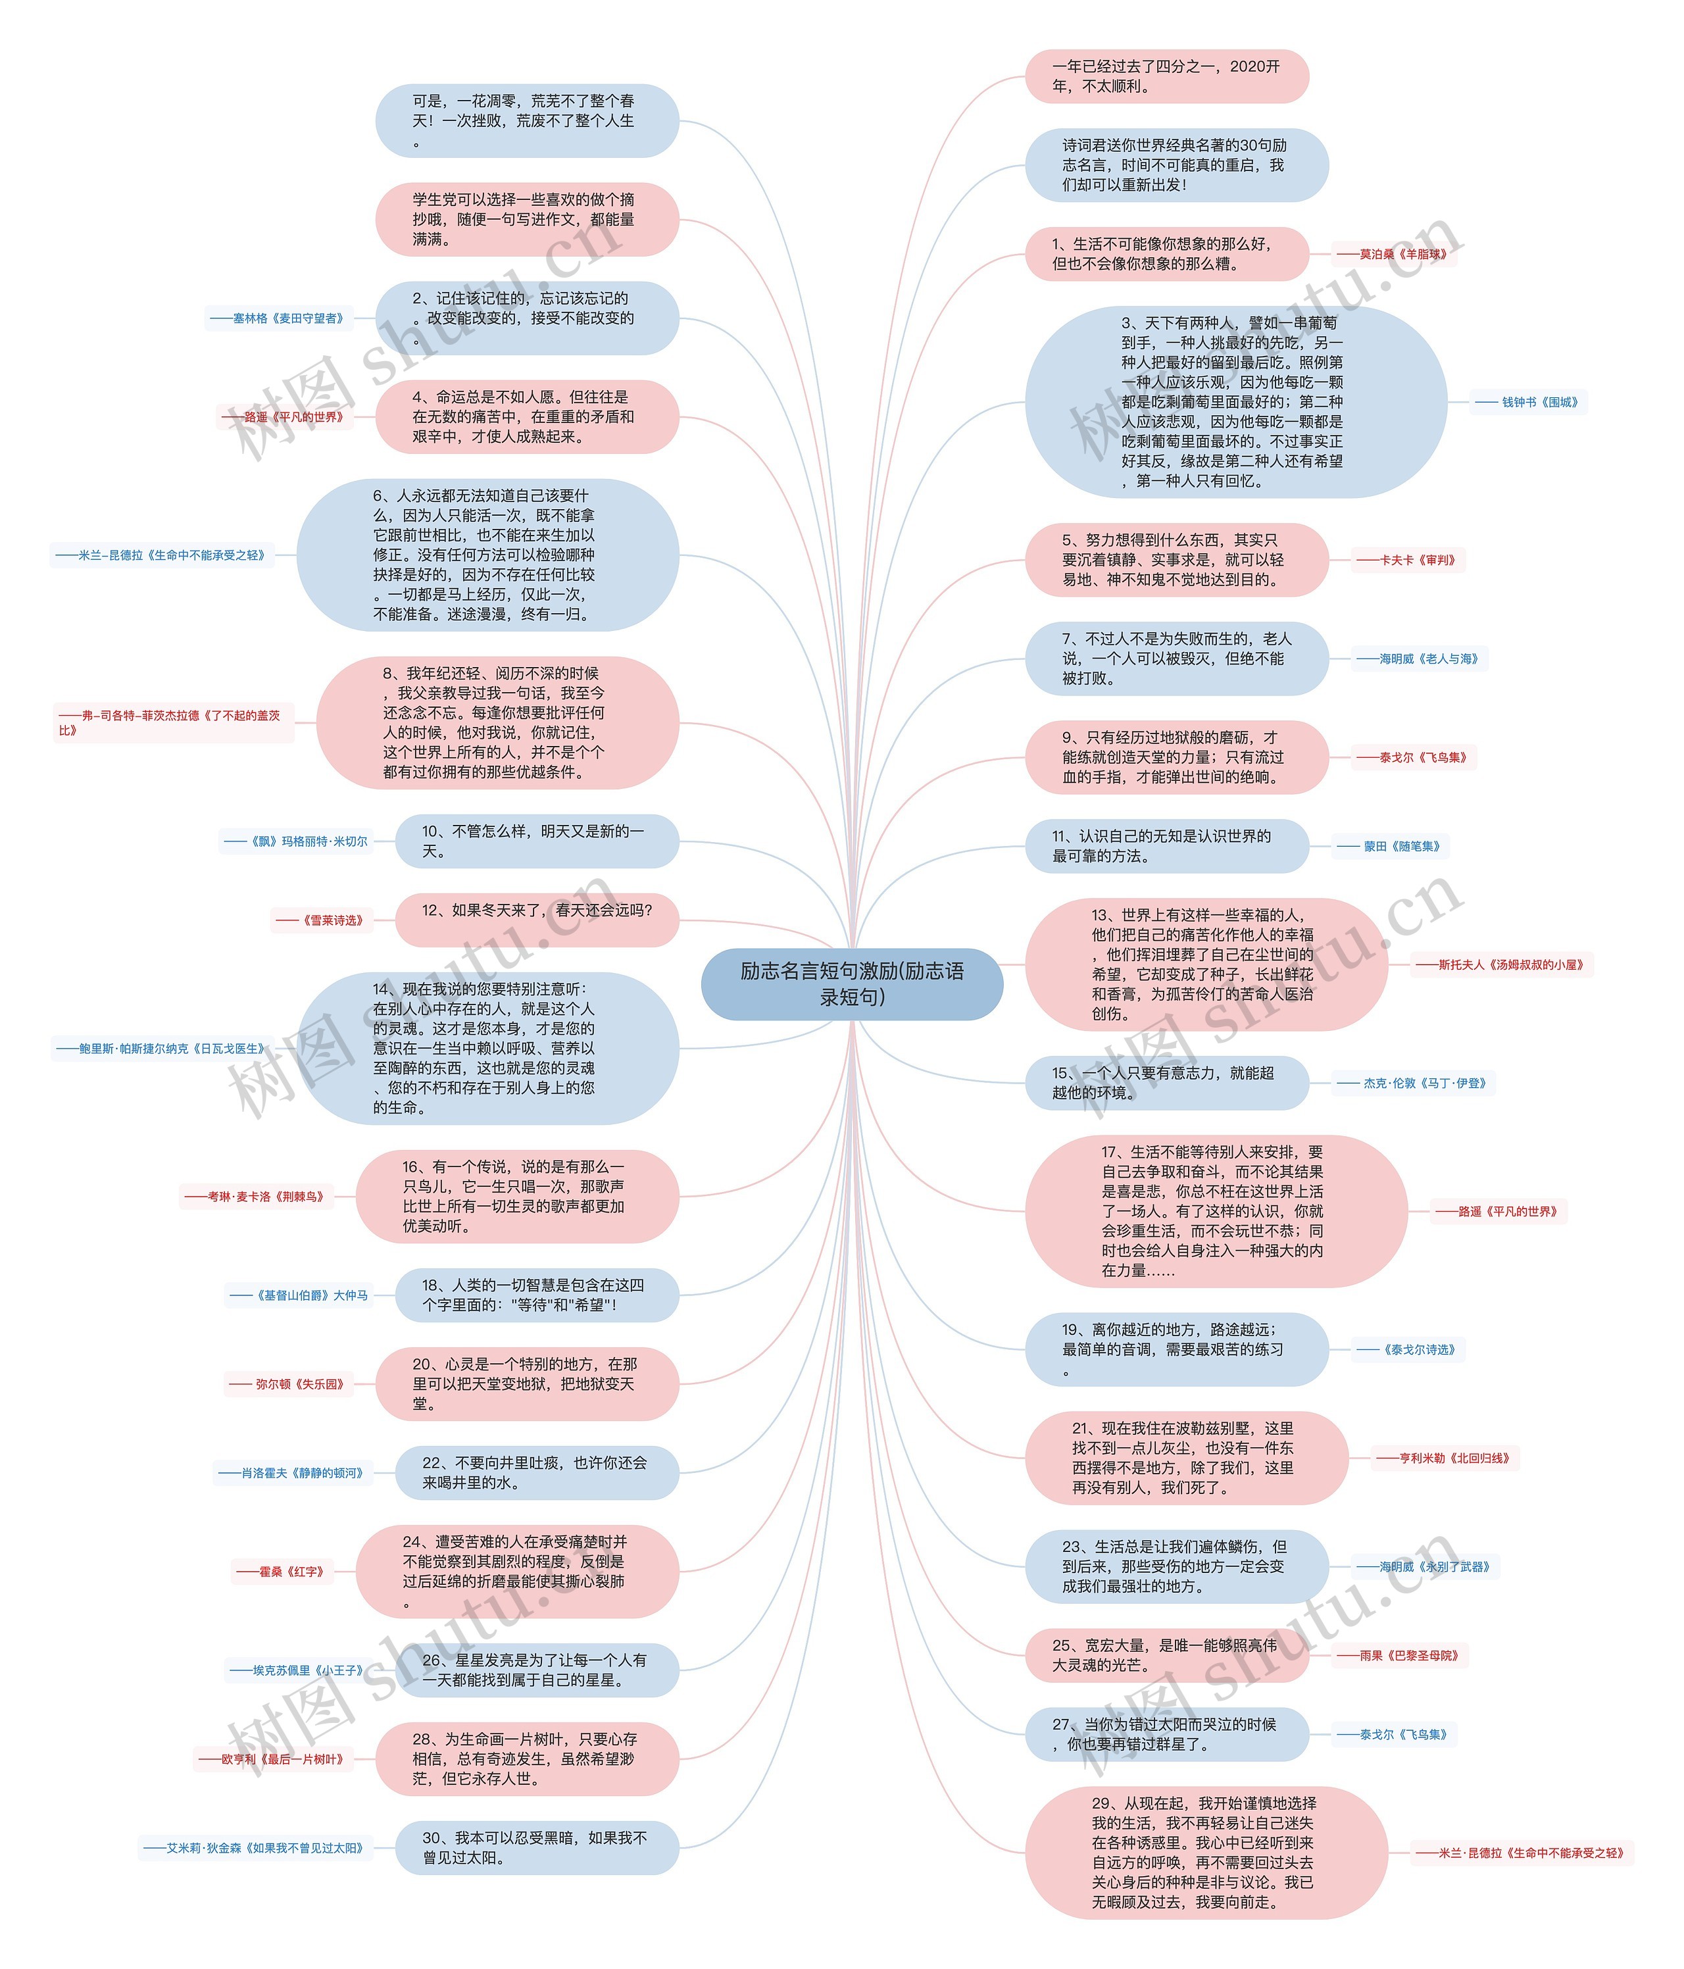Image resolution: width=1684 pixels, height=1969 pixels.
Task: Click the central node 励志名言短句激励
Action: point(851,984)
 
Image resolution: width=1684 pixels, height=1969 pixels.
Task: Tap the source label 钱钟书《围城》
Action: point(1529,402)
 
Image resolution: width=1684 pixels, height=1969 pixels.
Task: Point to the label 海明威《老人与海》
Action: point(1419,659)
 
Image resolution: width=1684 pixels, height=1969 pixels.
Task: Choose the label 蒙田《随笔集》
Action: point(1391,846)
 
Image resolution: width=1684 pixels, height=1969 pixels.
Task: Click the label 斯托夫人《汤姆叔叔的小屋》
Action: point(1502,964)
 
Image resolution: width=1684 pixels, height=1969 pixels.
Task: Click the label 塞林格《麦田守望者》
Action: point(278,318)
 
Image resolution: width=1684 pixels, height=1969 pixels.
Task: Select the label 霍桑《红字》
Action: point(282,1572)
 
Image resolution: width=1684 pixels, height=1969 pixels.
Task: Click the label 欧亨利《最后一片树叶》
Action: point(274,1759)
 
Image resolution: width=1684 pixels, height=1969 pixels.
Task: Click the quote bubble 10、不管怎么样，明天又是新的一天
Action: point(537,841)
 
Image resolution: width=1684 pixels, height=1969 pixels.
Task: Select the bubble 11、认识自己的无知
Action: point(1166,846)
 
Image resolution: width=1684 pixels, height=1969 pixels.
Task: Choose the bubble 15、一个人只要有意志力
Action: point(1166,1082)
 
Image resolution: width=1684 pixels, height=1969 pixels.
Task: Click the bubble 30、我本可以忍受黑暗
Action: point(537,1847)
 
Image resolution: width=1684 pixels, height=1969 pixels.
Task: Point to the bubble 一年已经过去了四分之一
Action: point(1166,76)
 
